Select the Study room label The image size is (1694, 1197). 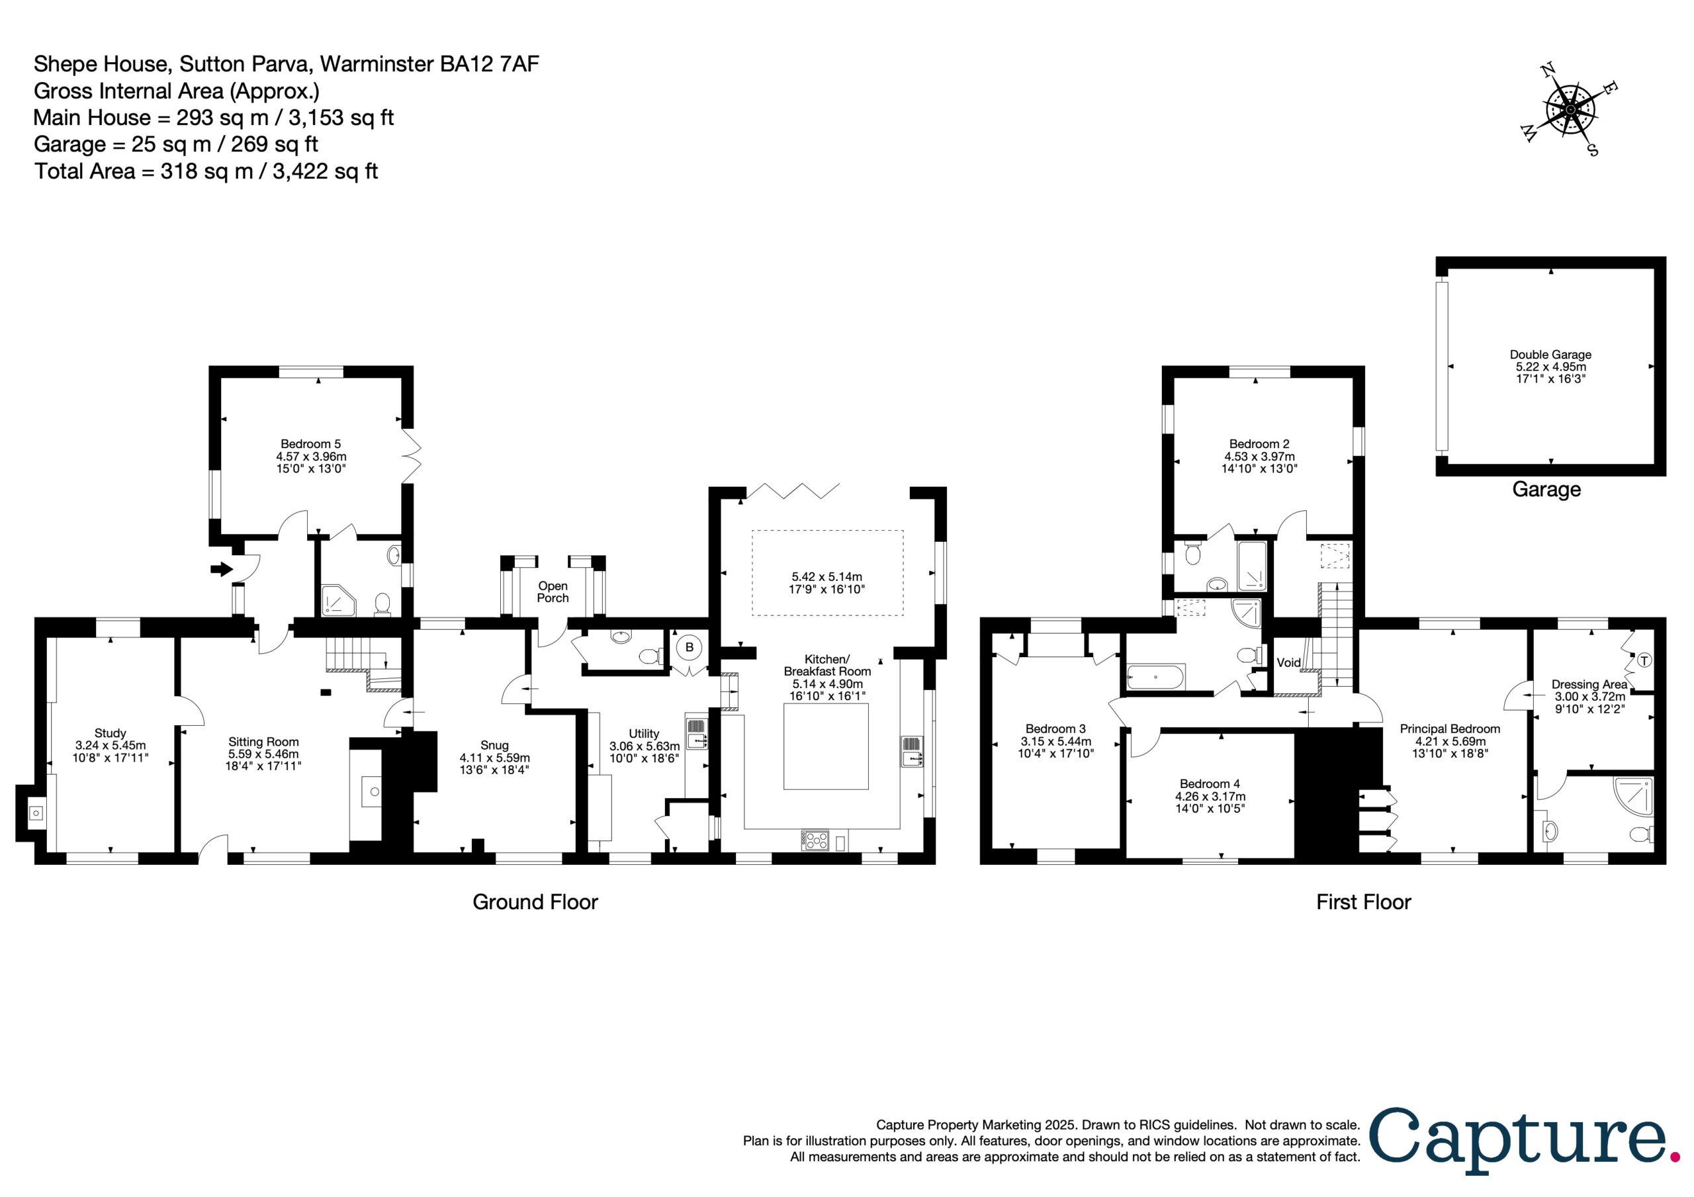110,744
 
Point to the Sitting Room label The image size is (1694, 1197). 263,754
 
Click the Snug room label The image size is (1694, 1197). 494,757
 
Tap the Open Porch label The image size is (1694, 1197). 553,592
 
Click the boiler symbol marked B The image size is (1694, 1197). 689,647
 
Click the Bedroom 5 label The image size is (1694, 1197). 310,455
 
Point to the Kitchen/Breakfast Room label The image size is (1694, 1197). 827,677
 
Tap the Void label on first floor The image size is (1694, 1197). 1289,663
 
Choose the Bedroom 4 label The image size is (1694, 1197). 1210,795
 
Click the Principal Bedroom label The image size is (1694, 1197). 1450,741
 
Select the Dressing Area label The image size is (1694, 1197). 1590,696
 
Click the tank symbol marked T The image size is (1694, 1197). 1644,660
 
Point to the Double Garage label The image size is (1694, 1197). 1550,366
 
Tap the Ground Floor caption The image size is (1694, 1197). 535,902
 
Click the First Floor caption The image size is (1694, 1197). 1363,902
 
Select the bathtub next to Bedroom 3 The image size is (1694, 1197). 1155,676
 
